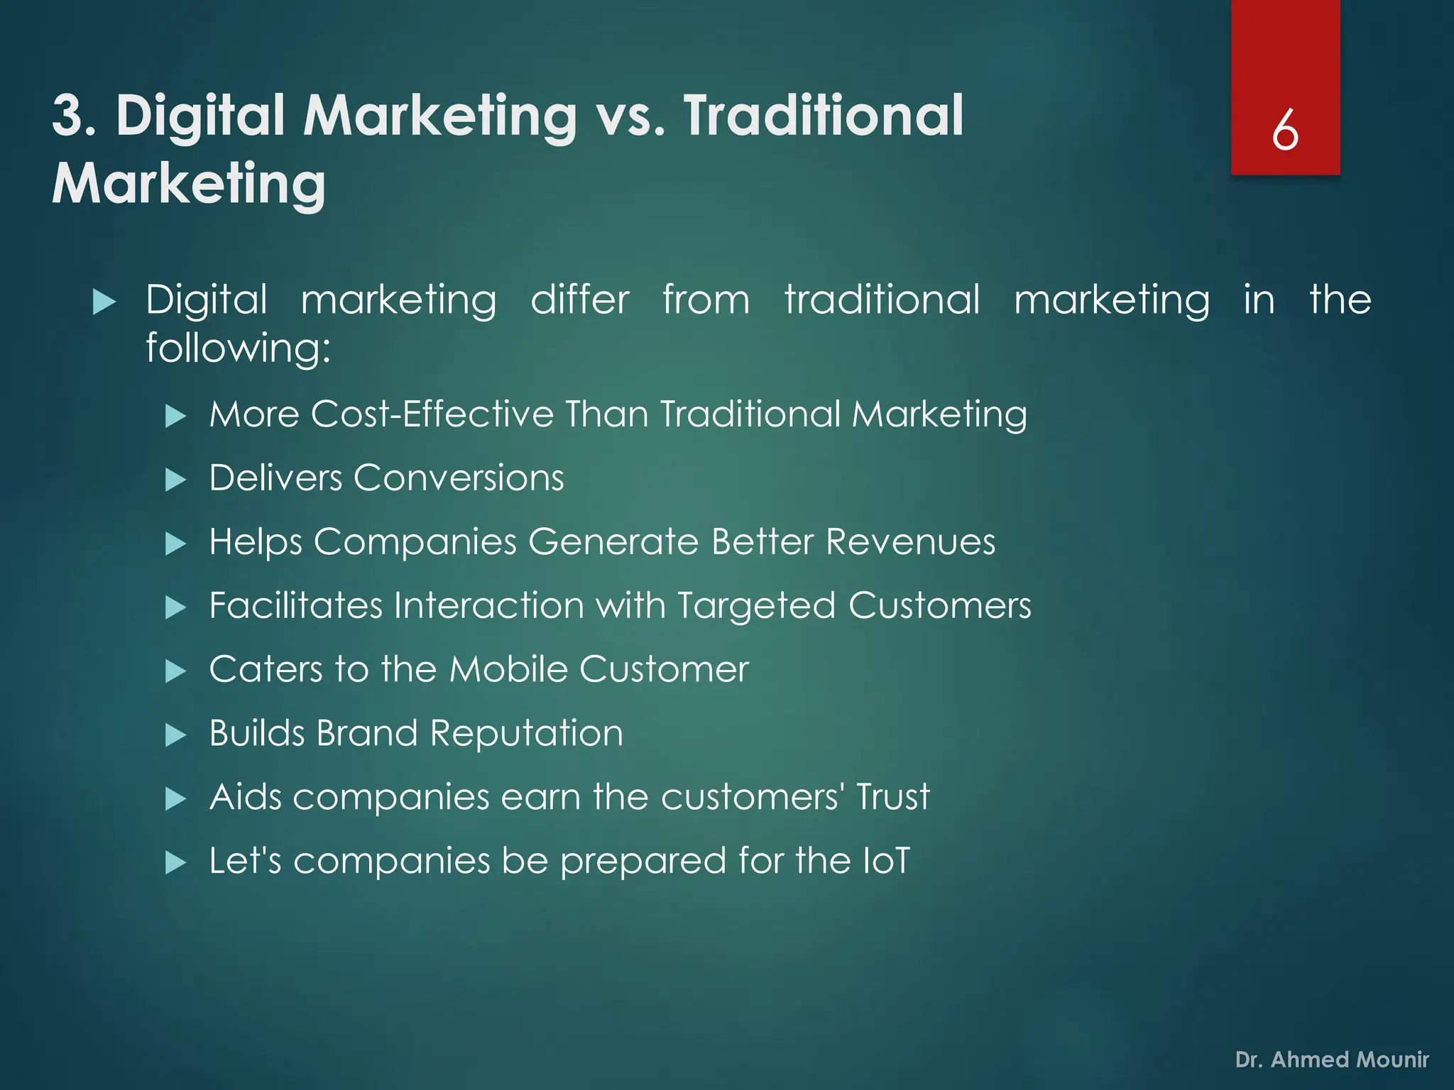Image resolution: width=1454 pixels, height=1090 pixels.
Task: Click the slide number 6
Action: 1285,131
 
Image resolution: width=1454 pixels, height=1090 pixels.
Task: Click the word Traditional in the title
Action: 824,116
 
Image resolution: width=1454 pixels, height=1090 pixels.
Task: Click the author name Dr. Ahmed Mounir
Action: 1332,1059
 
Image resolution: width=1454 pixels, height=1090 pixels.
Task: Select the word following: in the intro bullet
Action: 239,349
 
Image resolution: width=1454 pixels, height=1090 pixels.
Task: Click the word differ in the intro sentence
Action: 580,299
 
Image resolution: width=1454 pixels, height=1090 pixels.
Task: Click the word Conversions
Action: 459,478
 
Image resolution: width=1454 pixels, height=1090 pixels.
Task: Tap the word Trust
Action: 892,797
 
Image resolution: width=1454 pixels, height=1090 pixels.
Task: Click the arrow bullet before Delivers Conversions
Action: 175,480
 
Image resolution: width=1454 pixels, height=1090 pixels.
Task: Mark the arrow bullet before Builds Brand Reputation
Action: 175,736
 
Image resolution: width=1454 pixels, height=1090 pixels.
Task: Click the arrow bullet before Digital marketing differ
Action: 104,302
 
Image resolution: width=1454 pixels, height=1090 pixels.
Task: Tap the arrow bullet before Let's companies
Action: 175,864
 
